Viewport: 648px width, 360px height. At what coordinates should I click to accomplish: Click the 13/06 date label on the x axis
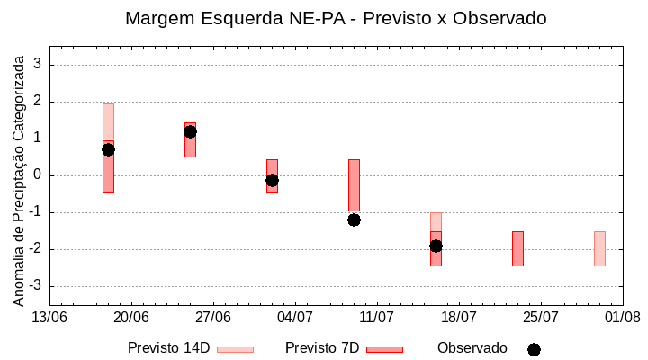[x=49, y=318]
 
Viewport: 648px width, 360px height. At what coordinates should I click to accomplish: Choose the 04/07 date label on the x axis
[x=294, y=318]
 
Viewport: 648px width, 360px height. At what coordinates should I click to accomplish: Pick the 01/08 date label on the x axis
[x=622, y=318]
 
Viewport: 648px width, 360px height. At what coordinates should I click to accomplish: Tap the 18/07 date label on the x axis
[x=458, y=318]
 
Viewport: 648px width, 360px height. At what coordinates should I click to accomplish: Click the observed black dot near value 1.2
[x=190, y=131]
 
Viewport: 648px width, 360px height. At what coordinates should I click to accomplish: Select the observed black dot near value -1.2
[x=354, y=220]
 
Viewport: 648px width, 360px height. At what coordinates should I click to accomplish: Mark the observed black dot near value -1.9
[x=436, y=246]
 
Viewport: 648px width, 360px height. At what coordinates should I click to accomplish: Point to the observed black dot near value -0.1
[x=272, y=180]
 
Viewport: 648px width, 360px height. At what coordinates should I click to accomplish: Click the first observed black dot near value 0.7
[x=108, y=149]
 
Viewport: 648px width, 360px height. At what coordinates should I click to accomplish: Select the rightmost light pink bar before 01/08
[x=599, y=248]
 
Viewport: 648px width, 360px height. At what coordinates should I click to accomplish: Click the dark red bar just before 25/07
[x=517, y=248]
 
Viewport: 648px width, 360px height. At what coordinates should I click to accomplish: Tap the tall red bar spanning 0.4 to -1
[x=354, y=185]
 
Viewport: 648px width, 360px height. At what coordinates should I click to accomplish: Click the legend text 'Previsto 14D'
[x=168, y=348]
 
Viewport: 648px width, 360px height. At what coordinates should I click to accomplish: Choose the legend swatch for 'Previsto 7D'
[x=384, y=349]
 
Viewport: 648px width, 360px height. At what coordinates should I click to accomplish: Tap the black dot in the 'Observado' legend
[x=534, y=349]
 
